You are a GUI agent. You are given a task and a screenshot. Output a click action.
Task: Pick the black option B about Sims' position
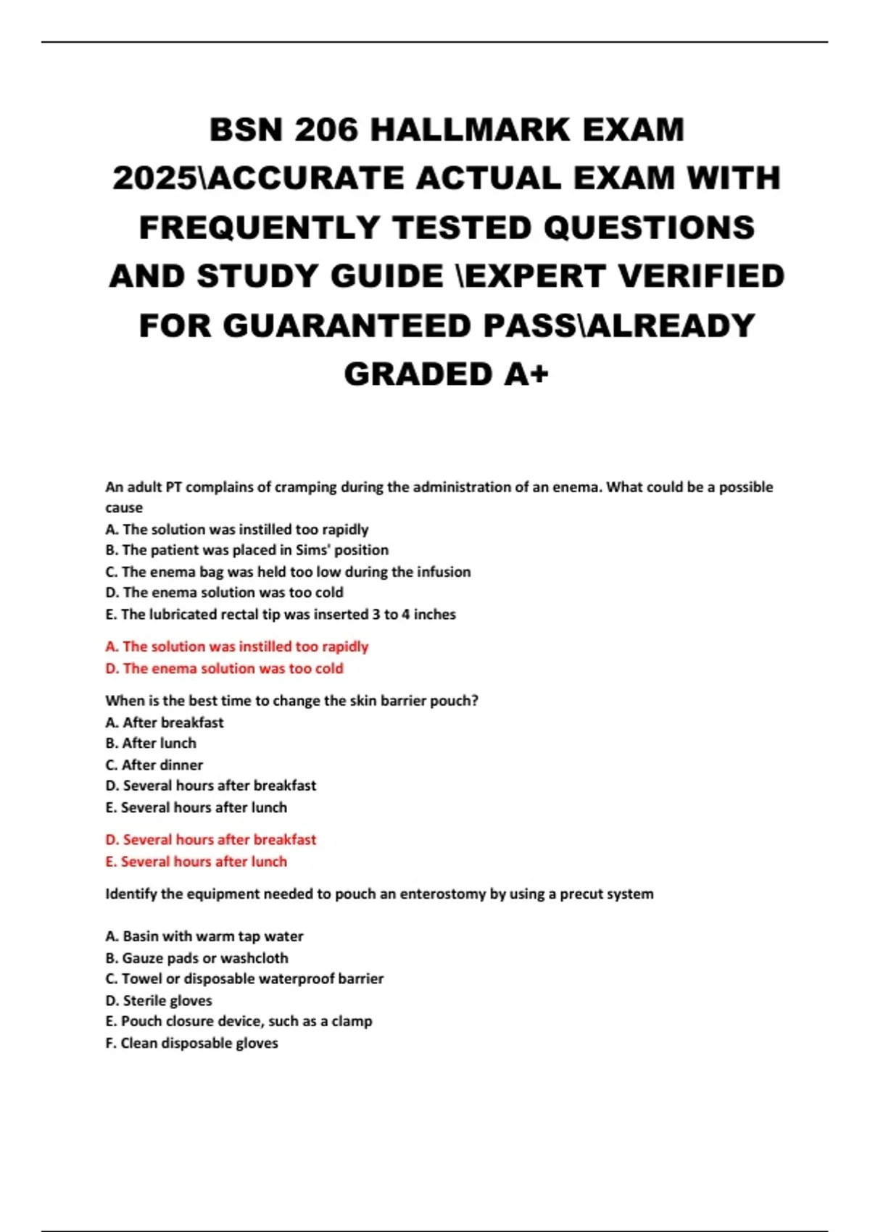[x=246, y=550]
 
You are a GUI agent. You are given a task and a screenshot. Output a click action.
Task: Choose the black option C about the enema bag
[x=288, y=572]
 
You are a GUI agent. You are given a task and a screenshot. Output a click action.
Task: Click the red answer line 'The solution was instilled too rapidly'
[x=237, y=646]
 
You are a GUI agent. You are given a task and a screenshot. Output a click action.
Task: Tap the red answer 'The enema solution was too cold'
[x=224, y=668]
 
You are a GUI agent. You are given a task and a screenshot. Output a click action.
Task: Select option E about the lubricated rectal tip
[x=281, y=615]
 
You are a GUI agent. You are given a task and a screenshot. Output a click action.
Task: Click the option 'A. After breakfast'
[x=165, y=723]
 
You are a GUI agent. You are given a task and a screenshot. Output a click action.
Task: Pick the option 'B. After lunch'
[x=151, y=744]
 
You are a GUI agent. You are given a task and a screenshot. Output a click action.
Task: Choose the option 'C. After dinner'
[x=154, y=765]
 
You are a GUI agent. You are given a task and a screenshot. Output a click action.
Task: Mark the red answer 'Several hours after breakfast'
[x=211, y=840]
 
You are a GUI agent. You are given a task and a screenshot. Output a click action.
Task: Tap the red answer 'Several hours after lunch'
[x=196, y=862]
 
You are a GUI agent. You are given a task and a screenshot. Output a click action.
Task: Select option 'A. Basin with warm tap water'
[x=204, y=936]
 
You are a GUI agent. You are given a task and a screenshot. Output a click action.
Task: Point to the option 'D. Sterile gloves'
[x=159, y=1001]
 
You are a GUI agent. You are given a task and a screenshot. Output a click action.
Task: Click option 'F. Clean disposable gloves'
[x=192, y=1044]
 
